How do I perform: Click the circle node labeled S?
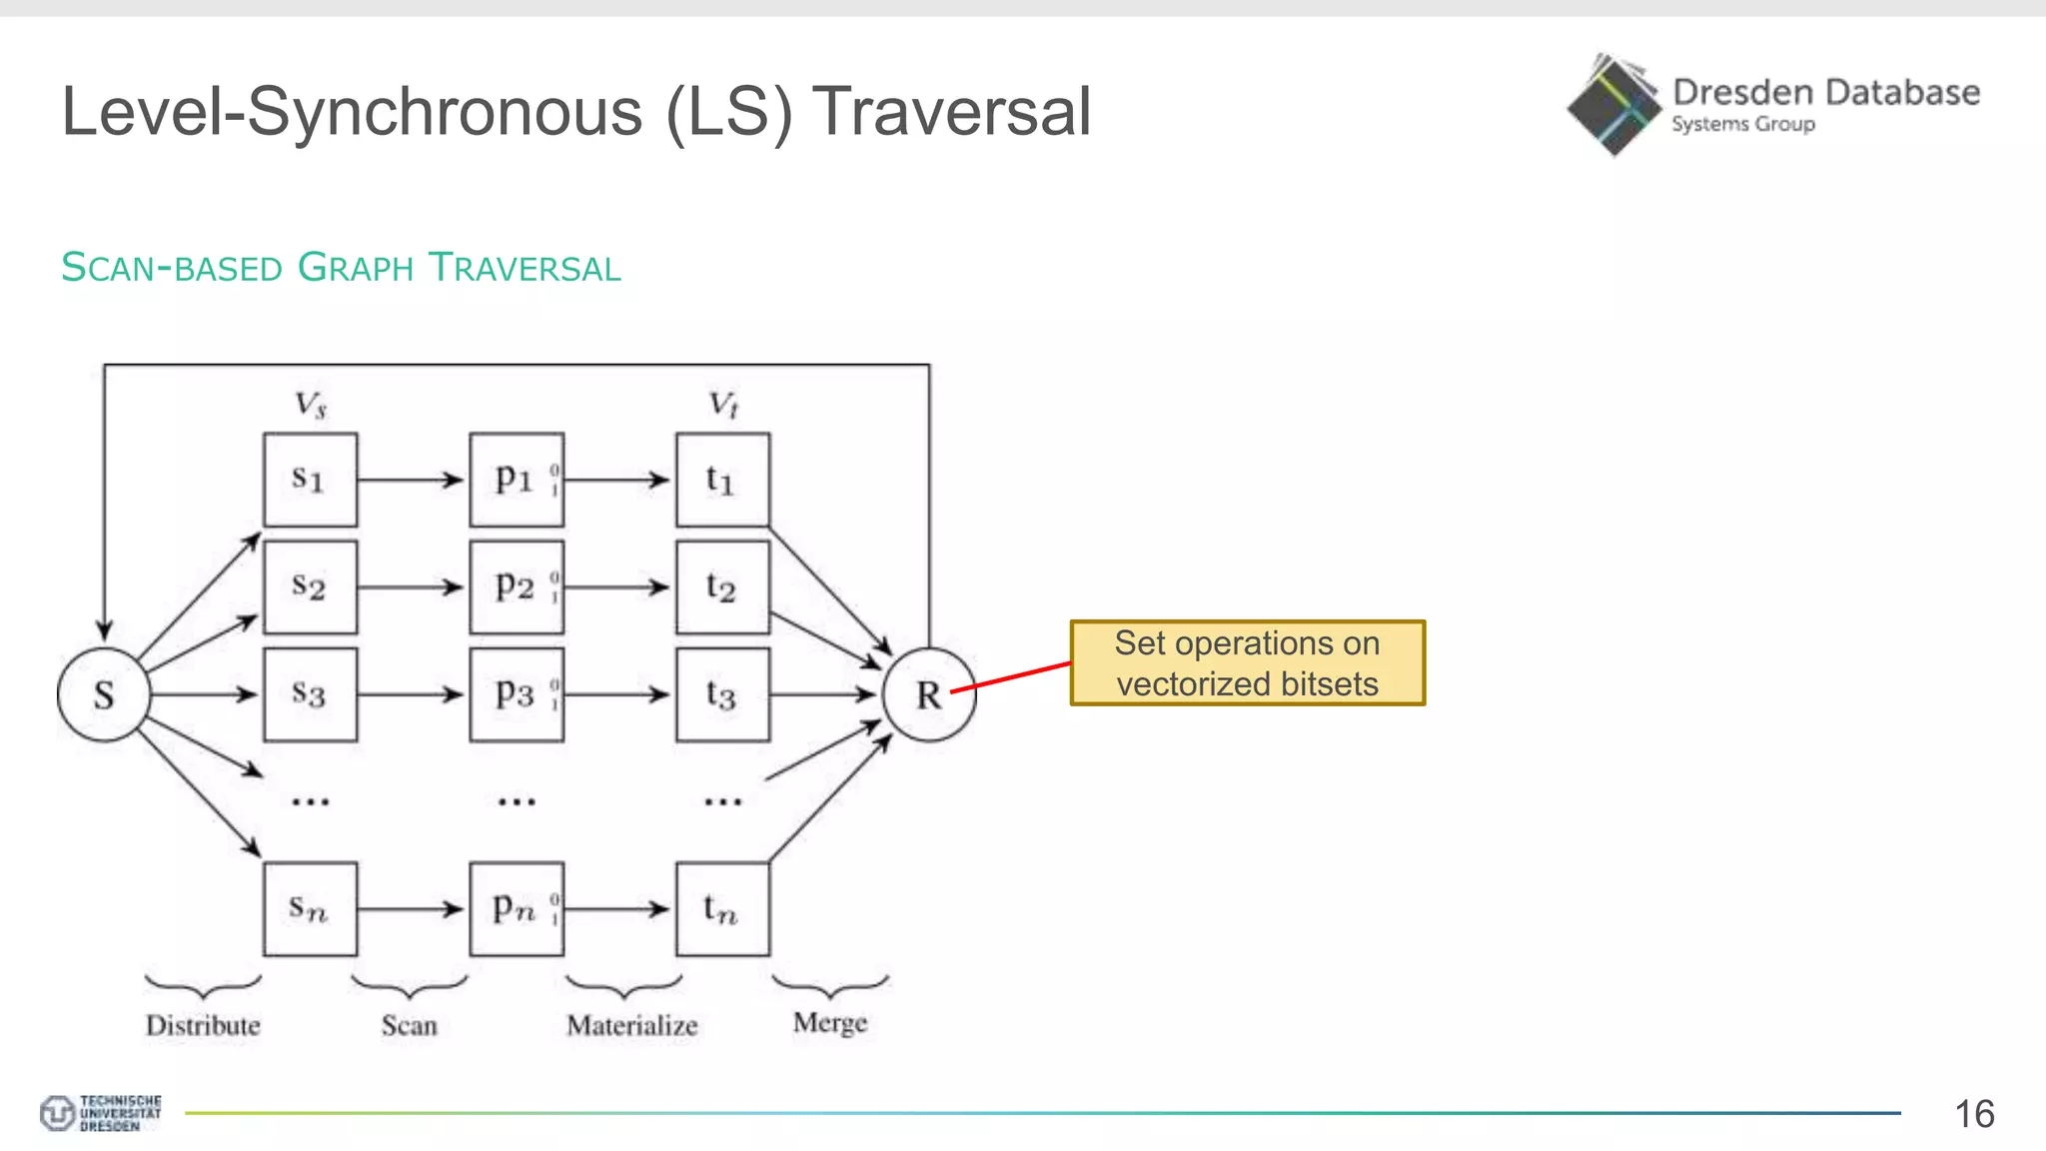[x=104, y=694]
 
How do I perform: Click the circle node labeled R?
[x=929, y=694]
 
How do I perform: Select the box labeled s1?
[x=310, y=480]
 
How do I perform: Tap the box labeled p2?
[x=516, y=586]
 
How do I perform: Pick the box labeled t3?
[x=722, y=694]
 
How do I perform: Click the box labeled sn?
[x=310, y=909]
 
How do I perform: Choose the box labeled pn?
[x=516, y=909]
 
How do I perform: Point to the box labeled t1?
[x=722, y=480]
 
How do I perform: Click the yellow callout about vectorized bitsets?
[x=1247, y=663]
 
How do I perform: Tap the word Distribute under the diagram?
[x=203, y=1025]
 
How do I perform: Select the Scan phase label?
[x=409, y=1025]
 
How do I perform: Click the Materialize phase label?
[x=631, y=1025]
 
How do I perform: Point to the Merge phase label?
[x=830, y=1023]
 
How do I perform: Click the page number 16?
[x=1973, y=1114]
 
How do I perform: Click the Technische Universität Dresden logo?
[x=100, y=1112]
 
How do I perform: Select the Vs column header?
[x=310, y=405]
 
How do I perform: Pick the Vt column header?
[x=723, y=405]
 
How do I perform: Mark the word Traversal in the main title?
[x=951, y=111]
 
